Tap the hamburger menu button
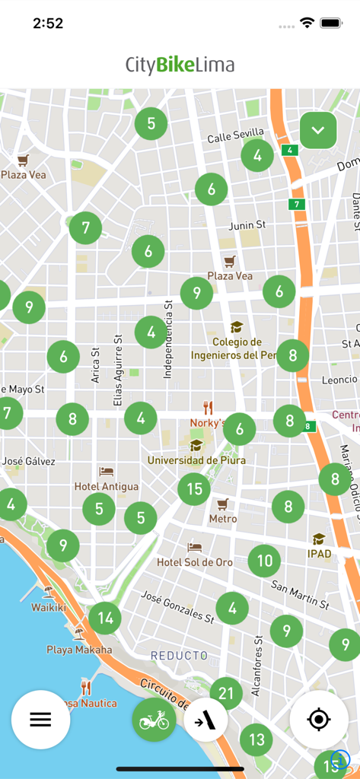click(x=40, y=720)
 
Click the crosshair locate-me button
click(x=319, y=720)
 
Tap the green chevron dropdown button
click(x=318, y=130)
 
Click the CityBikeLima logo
click(x=180, y=65)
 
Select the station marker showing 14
click(x=105, y=618)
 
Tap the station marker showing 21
click(x=226, y=693)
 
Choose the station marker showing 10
click(x=264, y=561)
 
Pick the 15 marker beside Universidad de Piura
click(x=194, y=488)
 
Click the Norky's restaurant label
click(x=208, y=422)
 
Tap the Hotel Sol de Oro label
click(x=195, y=562)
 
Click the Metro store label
click(x=223, y=519)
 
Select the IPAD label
click(x=319, y=553)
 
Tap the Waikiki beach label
click(x=49, y=607)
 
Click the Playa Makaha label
click(x=79, y=650)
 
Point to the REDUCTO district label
click(x=179, y=655)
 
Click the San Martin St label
click(x=300, y=595)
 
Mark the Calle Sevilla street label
click(x=235, y=135)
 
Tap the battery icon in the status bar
click(x=332, y=23)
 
